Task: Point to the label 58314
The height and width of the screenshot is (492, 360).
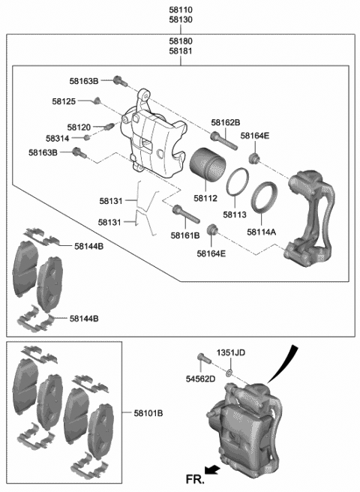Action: coord(58,139)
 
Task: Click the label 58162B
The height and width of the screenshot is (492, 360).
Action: coord(225,122)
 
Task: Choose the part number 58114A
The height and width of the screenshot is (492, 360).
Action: coord(261,232)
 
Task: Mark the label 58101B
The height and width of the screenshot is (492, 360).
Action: coord(149,413)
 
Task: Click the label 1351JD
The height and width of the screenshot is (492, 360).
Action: coord(232,352)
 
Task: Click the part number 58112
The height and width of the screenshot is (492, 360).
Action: coord(205,198)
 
